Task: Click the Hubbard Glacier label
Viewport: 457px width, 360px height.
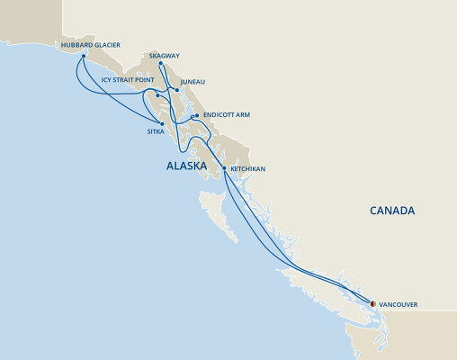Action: tap(90, 44)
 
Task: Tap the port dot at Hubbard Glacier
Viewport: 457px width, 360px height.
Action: tap(84, 57)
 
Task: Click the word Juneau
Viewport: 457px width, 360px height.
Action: tap(193, 82)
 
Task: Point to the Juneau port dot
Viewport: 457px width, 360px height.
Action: tap(177, 90)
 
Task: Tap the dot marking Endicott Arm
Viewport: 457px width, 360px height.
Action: tap(195, 115)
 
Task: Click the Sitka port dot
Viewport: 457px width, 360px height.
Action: tap(162, 123)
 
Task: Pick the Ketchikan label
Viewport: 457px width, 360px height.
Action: tap(248, 168)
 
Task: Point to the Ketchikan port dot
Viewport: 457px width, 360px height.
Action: tap(224, 168)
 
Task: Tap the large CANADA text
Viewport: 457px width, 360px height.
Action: tap(392, 211)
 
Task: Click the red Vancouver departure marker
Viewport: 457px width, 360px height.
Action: tap(373, 303)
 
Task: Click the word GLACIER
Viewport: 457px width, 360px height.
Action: tap(104, 44)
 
